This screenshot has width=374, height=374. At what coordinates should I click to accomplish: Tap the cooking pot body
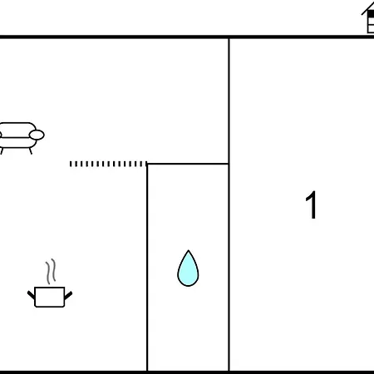point(50,297)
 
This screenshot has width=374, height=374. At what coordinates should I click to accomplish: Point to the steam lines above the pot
point(51,272)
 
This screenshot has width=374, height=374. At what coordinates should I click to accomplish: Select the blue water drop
point(188,268)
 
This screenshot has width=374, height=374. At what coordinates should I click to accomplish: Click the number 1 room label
point(311,205)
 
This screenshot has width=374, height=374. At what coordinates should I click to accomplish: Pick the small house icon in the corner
point(368,18)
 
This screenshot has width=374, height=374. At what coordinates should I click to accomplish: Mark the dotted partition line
point(108,164)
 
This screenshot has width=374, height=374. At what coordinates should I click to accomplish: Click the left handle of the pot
point(31,295)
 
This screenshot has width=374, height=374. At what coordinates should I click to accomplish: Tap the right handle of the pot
point(68,295)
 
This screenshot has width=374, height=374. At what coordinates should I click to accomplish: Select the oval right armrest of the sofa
point(37,135)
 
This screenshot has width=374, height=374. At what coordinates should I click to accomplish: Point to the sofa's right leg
point(31,151)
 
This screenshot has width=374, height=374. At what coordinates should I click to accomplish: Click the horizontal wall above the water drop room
point(188,164)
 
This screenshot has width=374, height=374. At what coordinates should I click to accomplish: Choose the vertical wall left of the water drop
point(147,268)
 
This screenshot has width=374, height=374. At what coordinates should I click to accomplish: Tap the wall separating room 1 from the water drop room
point(229,204)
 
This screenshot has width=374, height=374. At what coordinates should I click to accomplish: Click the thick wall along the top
point(187,37)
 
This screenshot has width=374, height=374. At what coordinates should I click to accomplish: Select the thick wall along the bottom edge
point(187,372)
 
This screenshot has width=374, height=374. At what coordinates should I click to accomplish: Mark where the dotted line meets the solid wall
point(147,164)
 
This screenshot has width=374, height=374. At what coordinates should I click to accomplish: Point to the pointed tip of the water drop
point(189,250)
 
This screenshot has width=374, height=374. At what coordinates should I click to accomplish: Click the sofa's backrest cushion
point(17,130)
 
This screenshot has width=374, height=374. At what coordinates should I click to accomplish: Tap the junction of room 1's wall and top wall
point(229,37)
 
